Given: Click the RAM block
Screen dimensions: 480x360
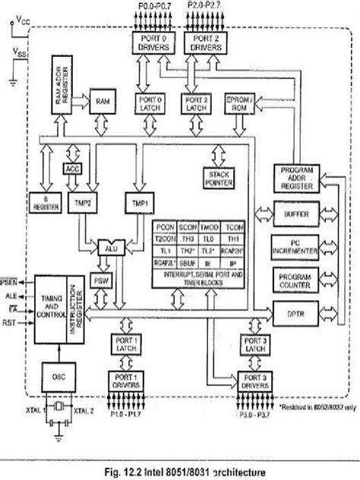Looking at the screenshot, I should tap(103, 100).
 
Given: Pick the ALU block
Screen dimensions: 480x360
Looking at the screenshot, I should tap(110, 248).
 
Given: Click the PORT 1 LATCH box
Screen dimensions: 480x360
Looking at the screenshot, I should tap(127, 345).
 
